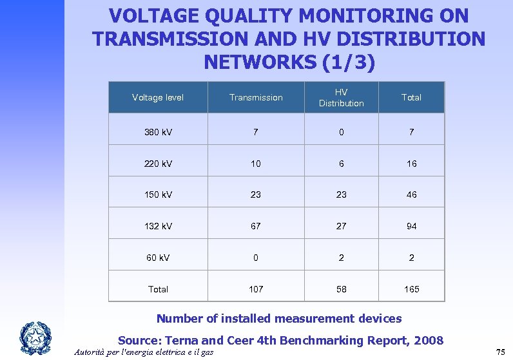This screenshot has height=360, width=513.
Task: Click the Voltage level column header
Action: click(x=158, y=98)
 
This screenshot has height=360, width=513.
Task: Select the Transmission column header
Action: click(x=256, y=98)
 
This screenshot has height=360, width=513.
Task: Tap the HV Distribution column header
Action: click(x=341, y=98)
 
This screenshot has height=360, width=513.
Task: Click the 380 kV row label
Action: click(x=158, y=132)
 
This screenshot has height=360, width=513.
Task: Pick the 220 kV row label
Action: click(x=158, y=164)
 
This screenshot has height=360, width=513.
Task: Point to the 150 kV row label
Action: click(x=158, y=194)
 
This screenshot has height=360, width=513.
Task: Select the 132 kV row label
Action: click(x=158, y=226)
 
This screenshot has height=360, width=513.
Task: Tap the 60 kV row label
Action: click(x=158, y=258)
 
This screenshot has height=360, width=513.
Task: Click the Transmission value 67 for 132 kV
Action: click(x=256, y=226)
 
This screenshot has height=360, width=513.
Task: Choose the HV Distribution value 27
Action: click(x=341, y=226)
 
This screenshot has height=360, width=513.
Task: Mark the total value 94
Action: click(x=411, y=226)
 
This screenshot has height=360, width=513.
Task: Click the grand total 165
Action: click(x=411, y=289)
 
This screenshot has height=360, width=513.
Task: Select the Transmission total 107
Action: click(x=256, y=289)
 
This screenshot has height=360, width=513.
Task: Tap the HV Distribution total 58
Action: click(x=341, y=289)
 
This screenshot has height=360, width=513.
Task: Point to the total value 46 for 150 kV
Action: click(x=411, y=194)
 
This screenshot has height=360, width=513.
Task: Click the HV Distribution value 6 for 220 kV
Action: click(x=341, y=164)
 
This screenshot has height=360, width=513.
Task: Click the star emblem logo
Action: click(x=35, y=337)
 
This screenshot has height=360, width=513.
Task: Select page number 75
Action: click(x=500, y=352)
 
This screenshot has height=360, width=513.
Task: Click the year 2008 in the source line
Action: click(x=427, y=340)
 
